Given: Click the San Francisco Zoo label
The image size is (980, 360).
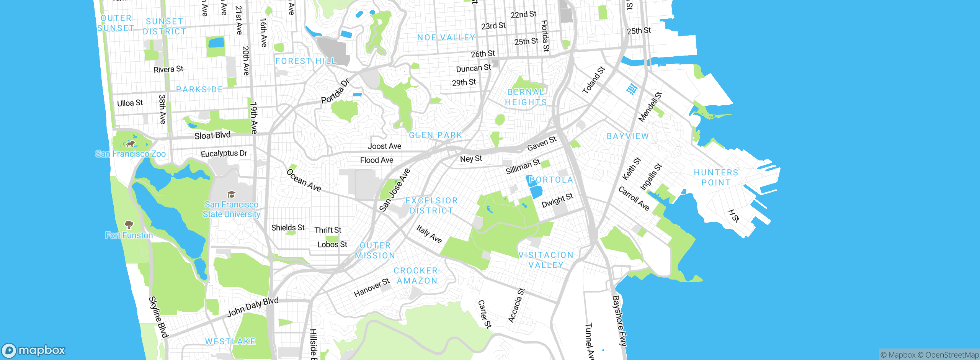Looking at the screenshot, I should coord(131,154).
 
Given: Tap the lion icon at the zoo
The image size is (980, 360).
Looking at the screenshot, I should coord(130,144).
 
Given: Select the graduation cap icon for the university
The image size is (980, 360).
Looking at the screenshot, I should coord(231,194).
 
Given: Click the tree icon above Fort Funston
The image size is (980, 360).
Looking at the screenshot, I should coord(129,224).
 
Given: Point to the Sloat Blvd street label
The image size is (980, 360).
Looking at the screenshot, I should coord(212,135).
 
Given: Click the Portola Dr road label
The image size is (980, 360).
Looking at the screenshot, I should coord(335,91).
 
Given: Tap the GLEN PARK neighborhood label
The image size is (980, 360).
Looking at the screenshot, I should coord(436,135).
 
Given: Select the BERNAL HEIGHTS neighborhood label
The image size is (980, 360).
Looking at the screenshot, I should coord(526,97).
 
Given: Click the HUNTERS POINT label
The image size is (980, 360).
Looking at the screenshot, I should coord(716,177).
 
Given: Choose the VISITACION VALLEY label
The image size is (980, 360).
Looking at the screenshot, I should coord(546,260).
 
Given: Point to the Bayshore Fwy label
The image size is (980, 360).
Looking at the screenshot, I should coord(619,321).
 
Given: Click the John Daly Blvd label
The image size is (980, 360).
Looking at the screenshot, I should coord(253,307).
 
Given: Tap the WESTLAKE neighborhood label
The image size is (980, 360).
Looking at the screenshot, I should coord(230,341).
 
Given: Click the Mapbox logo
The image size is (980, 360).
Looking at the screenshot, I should coord(34,350).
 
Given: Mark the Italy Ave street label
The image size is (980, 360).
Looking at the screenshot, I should coord(429,234).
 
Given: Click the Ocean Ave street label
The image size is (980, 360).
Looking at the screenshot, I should coord(304,180).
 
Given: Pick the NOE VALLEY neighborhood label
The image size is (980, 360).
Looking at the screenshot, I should coord(446,38).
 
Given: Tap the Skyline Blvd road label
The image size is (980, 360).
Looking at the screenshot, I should coord(158,317).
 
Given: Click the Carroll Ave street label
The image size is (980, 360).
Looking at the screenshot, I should coord(634,198).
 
